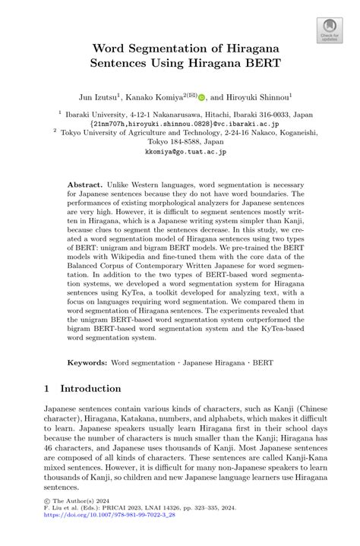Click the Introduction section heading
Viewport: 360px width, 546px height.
pyautogui.click(x=90, y=388)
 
